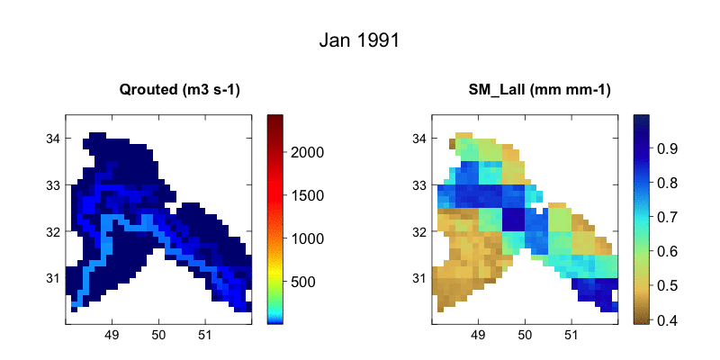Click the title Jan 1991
click(x=359, y=40)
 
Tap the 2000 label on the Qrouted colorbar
click(x=309, y=152)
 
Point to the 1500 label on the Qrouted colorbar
click(x=309, y=195)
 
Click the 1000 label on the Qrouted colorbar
click(x=309, y=238)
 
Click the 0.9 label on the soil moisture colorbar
click(x=668, y=147)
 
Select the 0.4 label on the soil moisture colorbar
click(x=668, y=319)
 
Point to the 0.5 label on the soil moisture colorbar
click(x=668, y=285)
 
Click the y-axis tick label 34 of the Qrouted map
click(x=53, y=139)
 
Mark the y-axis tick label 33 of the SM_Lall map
click(x=420, y=184)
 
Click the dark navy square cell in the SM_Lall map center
click(x=513, y=220)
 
